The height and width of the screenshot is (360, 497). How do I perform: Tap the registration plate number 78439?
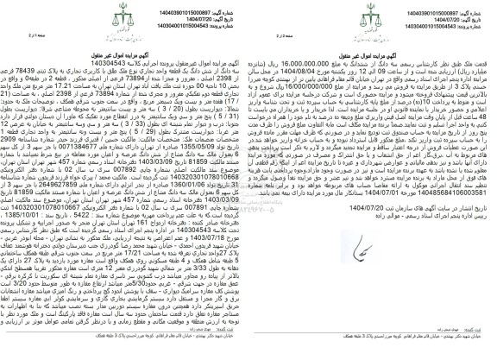point(39,83)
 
